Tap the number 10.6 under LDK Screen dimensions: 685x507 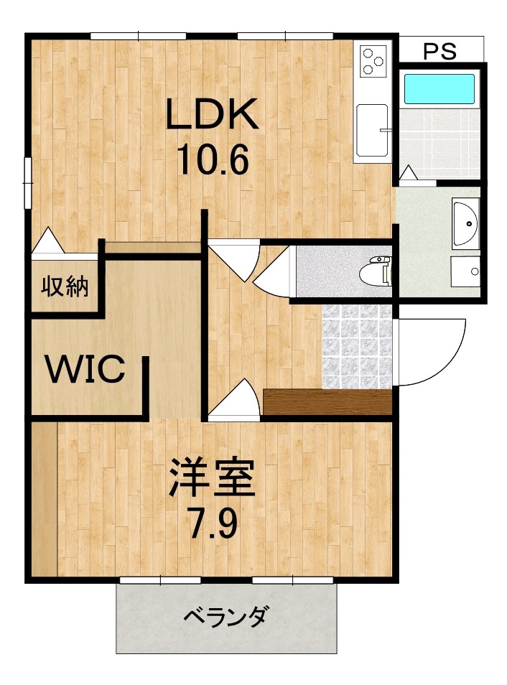tap(212, 160)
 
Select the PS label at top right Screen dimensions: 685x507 tap(439, 51)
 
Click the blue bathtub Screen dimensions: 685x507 tap(439, 89)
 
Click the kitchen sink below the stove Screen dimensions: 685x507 tap(372, 129)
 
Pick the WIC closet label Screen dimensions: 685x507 tap(86, 369)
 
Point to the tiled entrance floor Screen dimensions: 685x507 tap(358, 346)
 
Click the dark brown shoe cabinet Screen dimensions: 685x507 tap(327, 401)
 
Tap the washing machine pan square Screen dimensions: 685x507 tap(465, 271)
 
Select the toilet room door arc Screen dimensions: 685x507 tap(273, 276)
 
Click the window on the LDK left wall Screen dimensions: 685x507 tap(27, 181)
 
